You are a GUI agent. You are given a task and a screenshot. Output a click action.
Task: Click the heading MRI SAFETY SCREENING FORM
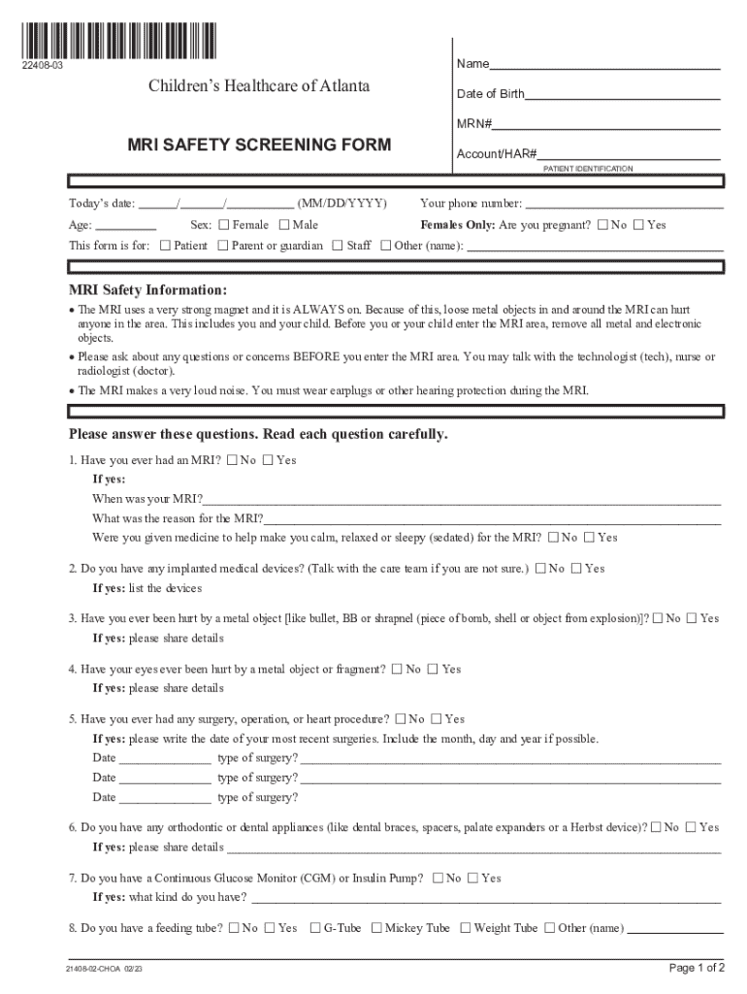(259, 145)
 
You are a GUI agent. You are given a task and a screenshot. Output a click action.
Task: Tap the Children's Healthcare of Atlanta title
(259, 86)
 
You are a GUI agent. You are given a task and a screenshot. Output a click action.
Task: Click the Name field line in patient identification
(604, 68)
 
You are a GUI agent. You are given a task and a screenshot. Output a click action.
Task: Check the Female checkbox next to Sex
(224, 225)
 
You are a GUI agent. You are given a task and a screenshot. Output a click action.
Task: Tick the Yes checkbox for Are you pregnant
(638, 225)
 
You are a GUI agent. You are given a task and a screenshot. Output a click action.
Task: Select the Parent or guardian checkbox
(223, 246)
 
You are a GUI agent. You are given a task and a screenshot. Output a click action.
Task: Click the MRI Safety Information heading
(147, 290)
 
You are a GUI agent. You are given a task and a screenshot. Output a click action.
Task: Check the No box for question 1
(231, 460)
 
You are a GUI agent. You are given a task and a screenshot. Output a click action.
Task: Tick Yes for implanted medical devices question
(576, 569)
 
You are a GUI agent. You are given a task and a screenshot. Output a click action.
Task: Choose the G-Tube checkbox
(315, 928)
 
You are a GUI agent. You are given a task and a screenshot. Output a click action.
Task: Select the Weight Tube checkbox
(465, 928)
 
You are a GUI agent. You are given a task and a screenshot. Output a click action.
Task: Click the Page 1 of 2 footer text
(697, 967)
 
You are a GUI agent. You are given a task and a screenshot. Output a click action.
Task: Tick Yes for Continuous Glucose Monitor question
(472, 878)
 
